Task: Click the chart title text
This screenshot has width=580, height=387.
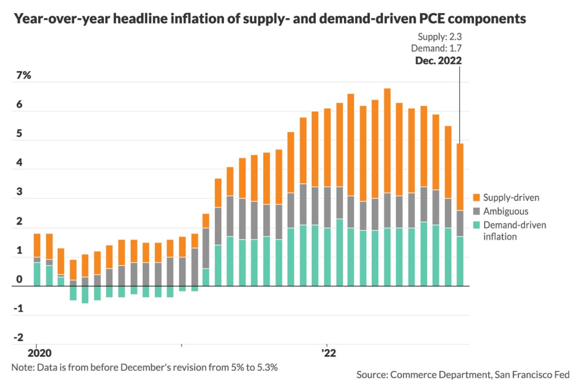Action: [x=270, y=19]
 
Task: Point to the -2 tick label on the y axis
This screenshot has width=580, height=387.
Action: [x=18, y=337]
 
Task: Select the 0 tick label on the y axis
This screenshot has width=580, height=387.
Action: [x=19, y=279]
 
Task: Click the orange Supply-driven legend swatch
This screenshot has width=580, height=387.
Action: [x=476, y=198]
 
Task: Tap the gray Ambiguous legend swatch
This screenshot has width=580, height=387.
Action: [x=476, y=211]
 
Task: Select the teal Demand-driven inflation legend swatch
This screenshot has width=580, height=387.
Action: [x=476, y=225]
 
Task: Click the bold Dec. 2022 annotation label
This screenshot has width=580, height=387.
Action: [x=438, y=60]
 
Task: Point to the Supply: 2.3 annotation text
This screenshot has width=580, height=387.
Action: [x=439, y=37]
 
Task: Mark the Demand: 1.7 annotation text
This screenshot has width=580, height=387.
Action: [x=436, y=48]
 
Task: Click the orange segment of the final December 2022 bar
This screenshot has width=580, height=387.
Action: [x=460, y=177]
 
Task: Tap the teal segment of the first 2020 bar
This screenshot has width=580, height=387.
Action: [x=37, y=274]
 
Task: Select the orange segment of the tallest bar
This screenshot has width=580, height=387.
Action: [x=387, y=141]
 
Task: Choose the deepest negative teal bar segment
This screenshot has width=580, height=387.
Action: [x=85, y=294]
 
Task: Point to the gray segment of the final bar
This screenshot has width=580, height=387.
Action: [x=460, y=223]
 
